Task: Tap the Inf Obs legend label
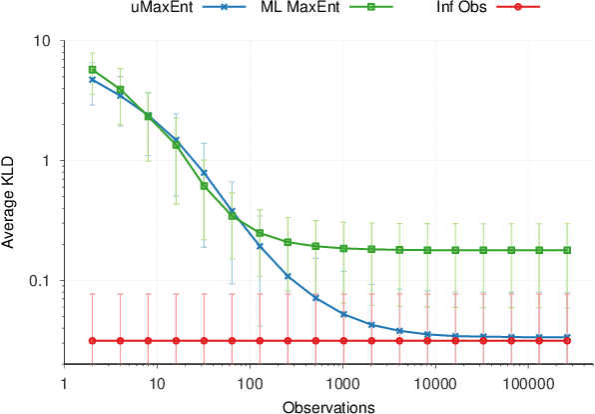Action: pyautogui.click(x=463, y=9)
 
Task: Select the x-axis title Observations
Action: pyautogui.click(x=328, y=406)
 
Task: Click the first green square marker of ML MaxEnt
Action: pyautogui.click(x=93, y=70)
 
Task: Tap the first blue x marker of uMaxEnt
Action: pyautogui.click(x=93, y=79)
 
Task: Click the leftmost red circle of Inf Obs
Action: pyautogui.click(x=93, y=341)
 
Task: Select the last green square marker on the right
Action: pyautogui.click(x=567, y=250)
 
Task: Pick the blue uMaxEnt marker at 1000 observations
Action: pyautogui.click(x=343, y=314)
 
